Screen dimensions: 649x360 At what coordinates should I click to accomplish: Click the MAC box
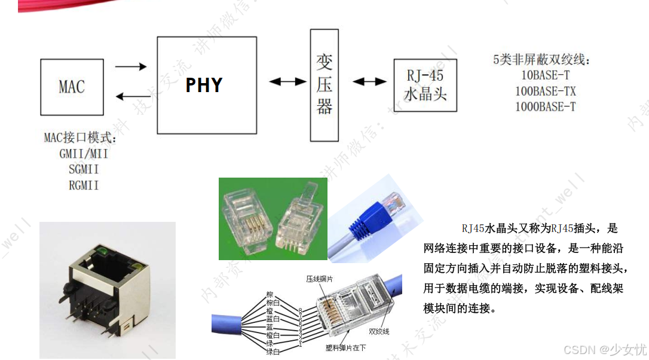pyautogui.click(x=71, y=87)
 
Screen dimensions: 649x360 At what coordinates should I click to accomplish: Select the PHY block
pyautogui.click(x=205, y=85)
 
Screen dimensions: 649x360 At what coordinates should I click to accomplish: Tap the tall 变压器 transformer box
pyautogui.click(x=324, y=85)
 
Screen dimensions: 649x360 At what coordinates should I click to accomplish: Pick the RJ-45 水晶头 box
pyautogui.click(x=425, y=84)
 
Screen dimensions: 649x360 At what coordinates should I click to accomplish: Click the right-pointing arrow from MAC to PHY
pyautogui.click(x=130, y=66)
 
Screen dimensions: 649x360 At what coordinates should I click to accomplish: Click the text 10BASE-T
pyautogui.click(x=546, y=76)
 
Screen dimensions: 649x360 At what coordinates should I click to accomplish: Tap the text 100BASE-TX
pyautogui.click(x=546, y=91)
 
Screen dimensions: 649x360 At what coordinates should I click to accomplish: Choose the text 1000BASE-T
pyautogui.click(x=546, y=107)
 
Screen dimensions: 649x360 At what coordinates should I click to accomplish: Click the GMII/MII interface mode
pyautogui.click(x=84, y=154)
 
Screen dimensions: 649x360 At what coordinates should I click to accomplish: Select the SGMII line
pyautogui.click(x=84, y=169)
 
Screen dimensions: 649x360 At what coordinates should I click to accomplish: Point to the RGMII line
pyautogui.click(x=84, y=185)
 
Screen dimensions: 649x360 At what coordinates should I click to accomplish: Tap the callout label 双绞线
pyautogui.click(x=379, y=331)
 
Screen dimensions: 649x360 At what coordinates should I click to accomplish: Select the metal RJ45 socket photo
pyautogui.click(x=108, y=290)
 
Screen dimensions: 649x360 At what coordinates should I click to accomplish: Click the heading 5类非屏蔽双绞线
pyautogui.click(x=541, y=60)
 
